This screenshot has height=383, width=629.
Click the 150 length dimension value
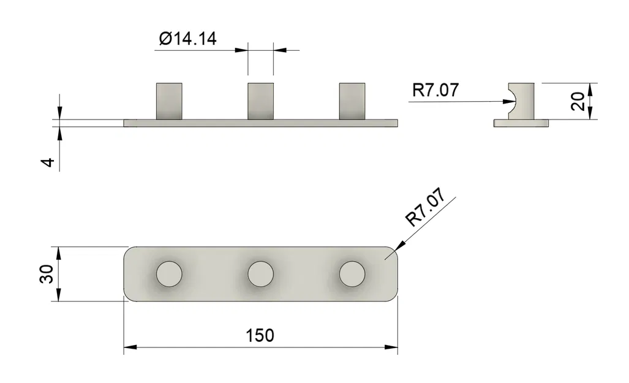pos(260,336)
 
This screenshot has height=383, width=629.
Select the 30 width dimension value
pos(46,274)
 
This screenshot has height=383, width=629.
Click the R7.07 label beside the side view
pos(435,91)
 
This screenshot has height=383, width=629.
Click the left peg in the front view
pos(169,100)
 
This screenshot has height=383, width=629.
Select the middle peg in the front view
pos(260,100)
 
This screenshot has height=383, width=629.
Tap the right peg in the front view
pos(352,100)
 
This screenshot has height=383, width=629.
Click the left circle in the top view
pos(169,273)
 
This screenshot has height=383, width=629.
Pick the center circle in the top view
pos(260,273)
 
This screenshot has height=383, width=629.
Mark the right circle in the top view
pos(352,273)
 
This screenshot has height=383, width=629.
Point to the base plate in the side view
pos(521,123)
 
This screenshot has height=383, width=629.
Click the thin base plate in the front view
pos(260,123)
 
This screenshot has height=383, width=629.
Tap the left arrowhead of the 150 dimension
pos(129,347)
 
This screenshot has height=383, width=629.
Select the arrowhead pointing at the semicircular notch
pos(512,101)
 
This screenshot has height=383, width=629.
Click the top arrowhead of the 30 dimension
pos(59,252)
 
